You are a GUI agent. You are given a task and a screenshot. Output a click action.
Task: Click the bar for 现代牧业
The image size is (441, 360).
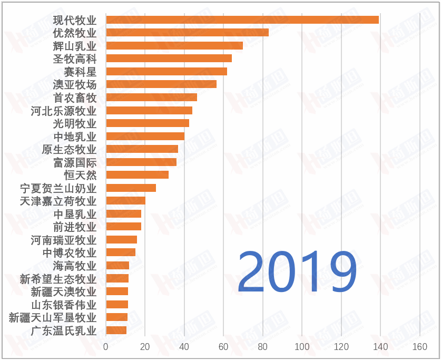click(242, 20)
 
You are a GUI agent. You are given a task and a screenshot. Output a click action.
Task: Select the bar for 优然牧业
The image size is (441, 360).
click(188, 33)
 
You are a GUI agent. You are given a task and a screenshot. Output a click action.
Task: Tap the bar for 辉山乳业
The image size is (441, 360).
click(174, 45)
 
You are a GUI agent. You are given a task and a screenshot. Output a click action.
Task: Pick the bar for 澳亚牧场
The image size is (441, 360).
click(161, 84)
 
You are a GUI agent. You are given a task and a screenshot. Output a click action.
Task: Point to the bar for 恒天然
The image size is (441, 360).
click(138, 175)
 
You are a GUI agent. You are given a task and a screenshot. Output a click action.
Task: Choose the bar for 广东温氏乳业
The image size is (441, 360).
click(116, 330)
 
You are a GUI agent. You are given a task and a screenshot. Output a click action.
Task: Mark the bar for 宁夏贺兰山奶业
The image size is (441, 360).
click(131, 188)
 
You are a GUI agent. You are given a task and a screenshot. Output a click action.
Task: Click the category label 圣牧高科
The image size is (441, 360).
click(75, 59)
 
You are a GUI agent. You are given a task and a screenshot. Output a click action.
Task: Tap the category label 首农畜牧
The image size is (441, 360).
click(75, 98)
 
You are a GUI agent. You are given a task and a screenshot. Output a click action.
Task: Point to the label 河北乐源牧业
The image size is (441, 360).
click(64, 111)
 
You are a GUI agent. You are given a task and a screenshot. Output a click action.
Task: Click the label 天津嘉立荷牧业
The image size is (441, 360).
click(58, 201)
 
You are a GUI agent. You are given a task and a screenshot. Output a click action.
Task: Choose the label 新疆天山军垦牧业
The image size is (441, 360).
click(53, 317)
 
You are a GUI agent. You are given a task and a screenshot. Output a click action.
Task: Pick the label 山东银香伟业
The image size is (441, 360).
click(64, 305)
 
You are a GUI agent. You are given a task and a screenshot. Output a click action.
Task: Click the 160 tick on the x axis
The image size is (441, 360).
click(419, 347)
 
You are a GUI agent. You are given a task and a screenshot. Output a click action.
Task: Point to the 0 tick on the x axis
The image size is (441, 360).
click(106, 347)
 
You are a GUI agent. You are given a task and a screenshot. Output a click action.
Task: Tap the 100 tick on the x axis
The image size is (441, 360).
click(302, 347)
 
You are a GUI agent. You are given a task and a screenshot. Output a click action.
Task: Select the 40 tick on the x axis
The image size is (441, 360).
click(184, 347)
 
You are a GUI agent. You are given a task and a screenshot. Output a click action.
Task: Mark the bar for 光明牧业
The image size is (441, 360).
click(148, 123)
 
